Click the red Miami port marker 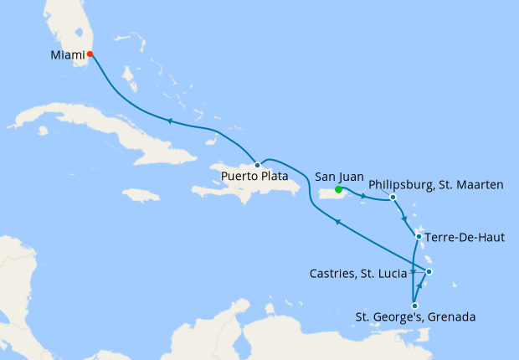(x=90, y=55)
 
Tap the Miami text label (x=67, y=55)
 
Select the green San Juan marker (x=338, y=189)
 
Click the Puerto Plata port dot (x=257, y=165)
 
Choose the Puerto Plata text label (x=255, y=177)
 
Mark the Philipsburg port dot (x=393, y=198)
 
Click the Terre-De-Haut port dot (x=419, y=237)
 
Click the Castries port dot (x=429, y=271)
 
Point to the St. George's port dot (x=414, y=306)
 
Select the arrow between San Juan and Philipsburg (x=363, y=197)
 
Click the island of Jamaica (x=140, y=194)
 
